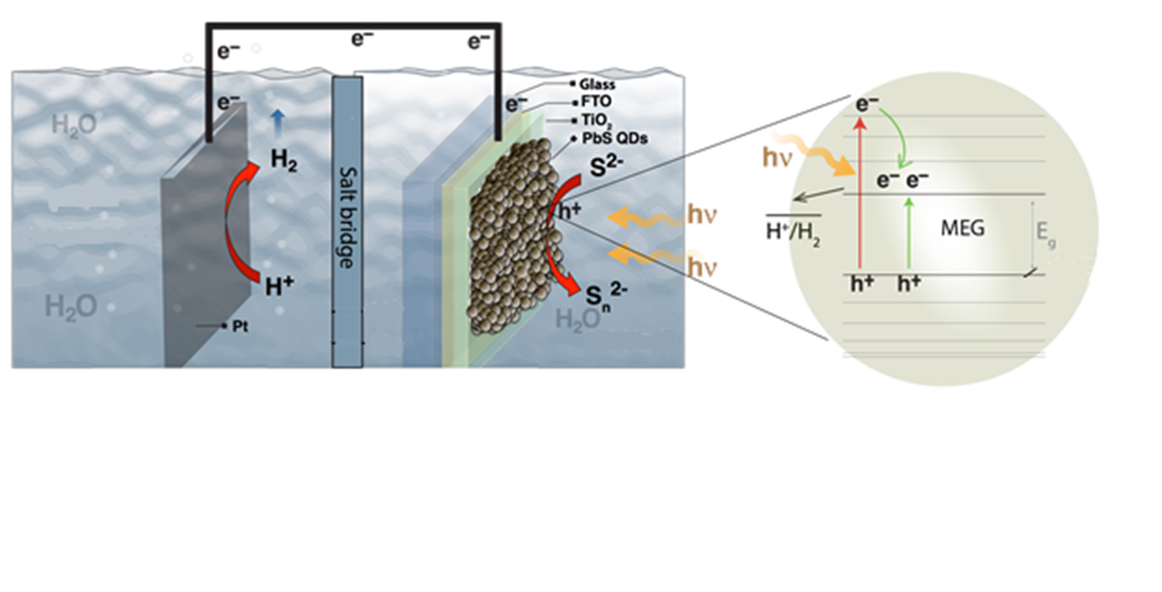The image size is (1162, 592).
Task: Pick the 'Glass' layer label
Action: pos(597,85)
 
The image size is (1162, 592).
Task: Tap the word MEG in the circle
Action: pos(964,227)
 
